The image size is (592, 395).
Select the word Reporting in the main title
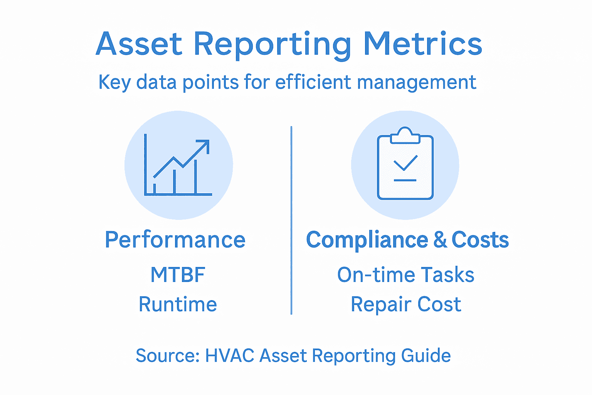point(272,46)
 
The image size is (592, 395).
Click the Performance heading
point(175,240)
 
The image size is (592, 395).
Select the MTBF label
point(178,275)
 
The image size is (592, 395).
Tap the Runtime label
point(178,304)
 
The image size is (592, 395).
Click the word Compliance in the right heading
point(367,240)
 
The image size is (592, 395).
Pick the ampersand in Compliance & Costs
point(440,240)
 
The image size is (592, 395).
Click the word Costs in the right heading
point(480,240)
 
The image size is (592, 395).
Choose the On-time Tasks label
point(405,275)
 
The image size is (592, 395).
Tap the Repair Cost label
point(405,304)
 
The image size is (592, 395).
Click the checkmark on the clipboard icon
point(405,163)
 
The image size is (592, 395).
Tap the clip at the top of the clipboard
point(405,136)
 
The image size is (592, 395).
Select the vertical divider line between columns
point(291,220)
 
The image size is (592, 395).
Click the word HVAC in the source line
point(229,356)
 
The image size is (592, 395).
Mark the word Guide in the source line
point(426,356)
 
